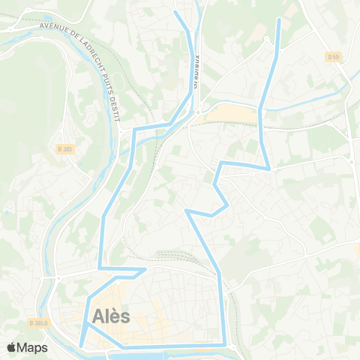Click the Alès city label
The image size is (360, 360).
tap(112, 316)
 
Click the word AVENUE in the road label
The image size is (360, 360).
tap(56, 28)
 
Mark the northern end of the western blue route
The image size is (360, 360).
tap(175, 12)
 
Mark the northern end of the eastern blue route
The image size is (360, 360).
tap(279, 19)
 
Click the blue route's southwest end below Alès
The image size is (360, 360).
tap(81, 345)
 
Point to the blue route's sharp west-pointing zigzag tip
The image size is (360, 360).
tap(186, 211)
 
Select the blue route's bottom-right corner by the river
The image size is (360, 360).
tap(223, 344)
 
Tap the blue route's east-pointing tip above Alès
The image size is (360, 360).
tap(145, 269)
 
